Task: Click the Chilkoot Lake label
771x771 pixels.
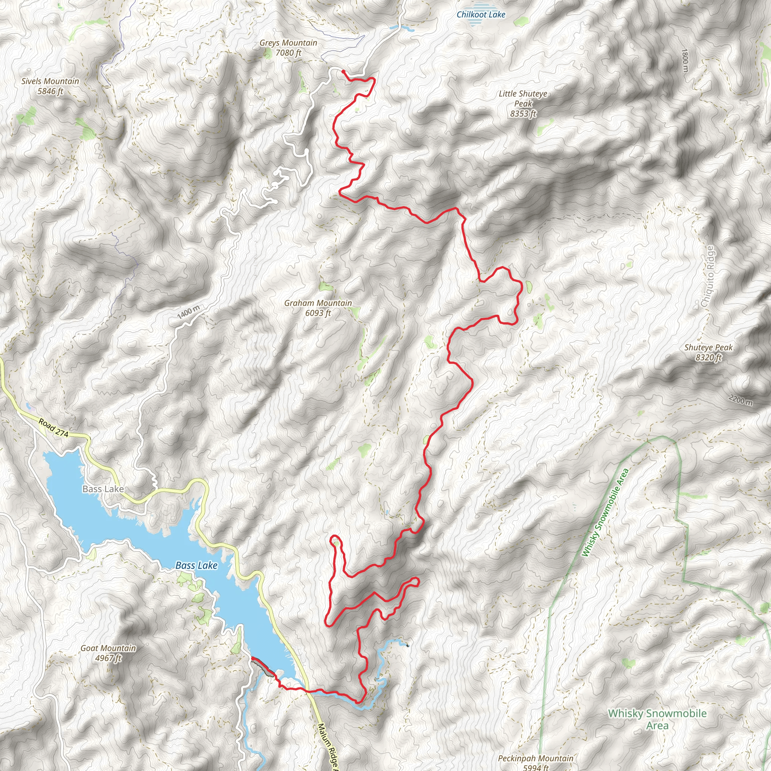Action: (481, 15)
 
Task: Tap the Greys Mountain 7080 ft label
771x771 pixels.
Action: (288, 48)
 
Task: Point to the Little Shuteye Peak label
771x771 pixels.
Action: (523, 104)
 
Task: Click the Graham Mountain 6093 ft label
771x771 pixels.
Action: (318, 308)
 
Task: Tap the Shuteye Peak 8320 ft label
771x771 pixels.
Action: (709, 352)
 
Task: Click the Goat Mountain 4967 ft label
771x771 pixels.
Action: (108, 653)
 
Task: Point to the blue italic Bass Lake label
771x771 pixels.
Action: (197, 565)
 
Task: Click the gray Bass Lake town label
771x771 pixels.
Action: (103, 489)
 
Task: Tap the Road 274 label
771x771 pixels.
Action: (54, 428)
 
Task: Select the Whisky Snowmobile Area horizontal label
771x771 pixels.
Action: (657, 719)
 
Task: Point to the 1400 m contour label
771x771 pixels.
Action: (189, 312)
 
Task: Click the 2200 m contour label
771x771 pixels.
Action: (741, 400)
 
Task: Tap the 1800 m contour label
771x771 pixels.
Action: (685, 60)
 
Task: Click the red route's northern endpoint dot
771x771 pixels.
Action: (343, 72)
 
